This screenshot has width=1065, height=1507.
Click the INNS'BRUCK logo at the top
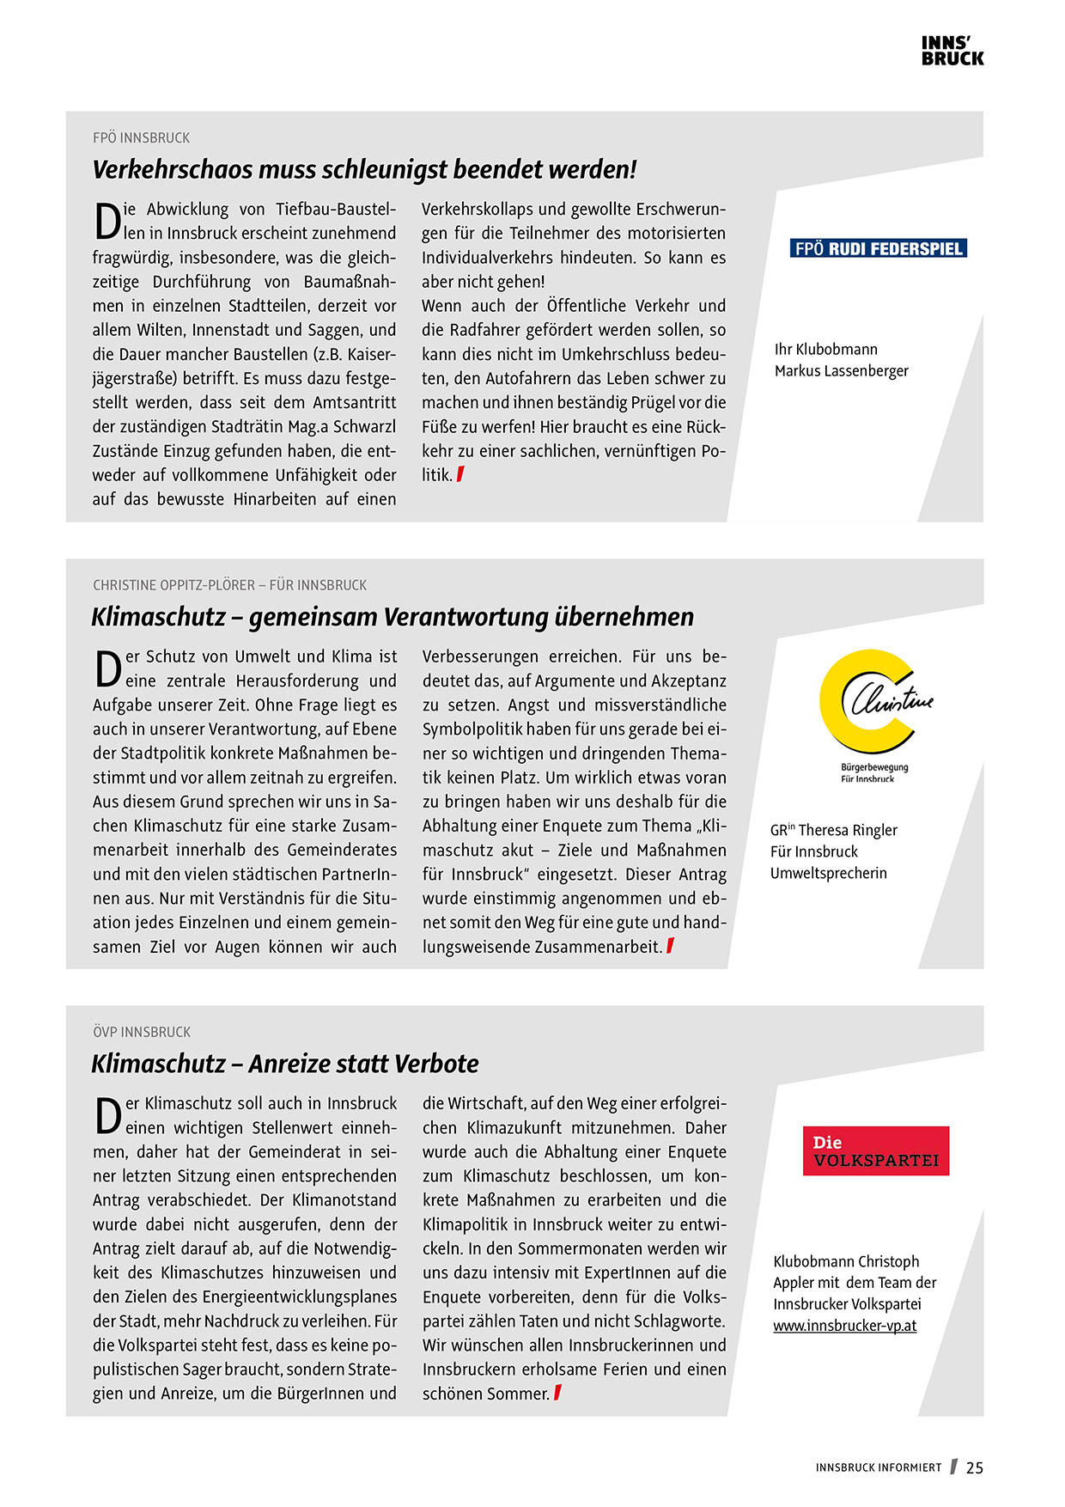click(952, 52)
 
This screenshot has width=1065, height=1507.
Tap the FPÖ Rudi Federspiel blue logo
click(878, 249)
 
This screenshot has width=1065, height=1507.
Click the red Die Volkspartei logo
click(875, 1151)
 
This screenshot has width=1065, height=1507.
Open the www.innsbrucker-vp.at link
click(844, 1326)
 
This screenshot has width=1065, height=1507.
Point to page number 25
click(975, 1468)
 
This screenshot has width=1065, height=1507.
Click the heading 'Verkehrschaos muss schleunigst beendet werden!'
click(364, 169)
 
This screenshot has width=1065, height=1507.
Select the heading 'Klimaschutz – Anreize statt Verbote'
click(284, 1064)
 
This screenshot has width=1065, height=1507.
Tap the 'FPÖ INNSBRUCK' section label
click(142, 138)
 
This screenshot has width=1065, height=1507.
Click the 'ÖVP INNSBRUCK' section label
click(142, 1032)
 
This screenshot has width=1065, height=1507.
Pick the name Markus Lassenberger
click(841, 371)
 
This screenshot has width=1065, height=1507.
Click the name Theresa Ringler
click(848, 830)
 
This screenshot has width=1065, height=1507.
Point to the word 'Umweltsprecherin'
click(828, 873)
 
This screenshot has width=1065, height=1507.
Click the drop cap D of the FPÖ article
click(106, 221)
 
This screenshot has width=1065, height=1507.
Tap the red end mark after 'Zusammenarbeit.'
click(670, 946)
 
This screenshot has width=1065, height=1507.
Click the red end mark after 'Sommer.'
click(557, 1393)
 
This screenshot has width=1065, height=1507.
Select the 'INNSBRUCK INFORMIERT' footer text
click(879, 1468)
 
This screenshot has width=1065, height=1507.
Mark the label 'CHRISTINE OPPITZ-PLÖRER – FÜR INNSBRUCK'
click(229, 585)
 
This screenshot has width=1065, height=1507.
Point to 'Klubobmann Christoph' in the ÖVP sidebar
click(846, 1261)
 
